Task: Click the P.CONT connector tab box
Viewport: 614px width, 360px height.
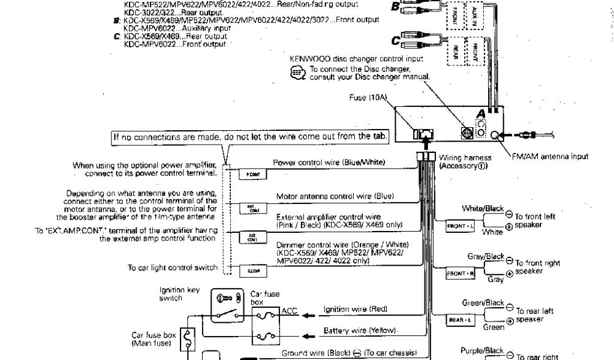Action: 250,173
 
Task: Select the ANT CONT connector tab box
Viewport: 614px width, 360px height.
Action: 250,208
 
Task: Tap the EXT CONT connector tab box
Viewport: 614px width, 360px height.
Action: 250,237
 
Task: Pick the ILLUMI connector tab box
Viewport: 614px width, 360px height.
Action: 250,271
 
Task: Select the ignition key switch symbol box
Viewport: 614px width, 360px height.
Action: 227,307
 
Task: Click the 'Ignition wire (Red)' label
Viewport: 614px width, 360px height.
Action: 356,310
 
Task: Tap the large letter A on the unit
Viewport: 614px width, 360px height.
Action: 480,113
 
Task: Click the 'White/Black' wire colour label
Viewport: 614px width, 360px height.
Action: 483,208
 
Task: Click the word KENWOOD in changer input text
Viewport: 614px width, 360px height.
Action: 309,59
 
